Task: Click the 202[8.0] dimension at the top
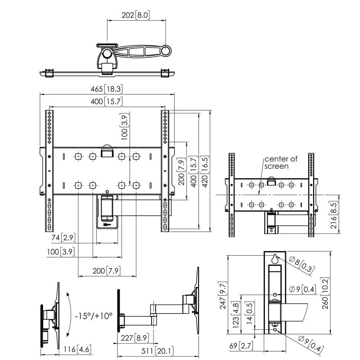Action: [135, 15]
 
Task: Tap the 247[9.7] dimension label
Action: [235, 297]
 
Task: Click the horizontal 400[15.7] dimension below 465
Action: [107, 102]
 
